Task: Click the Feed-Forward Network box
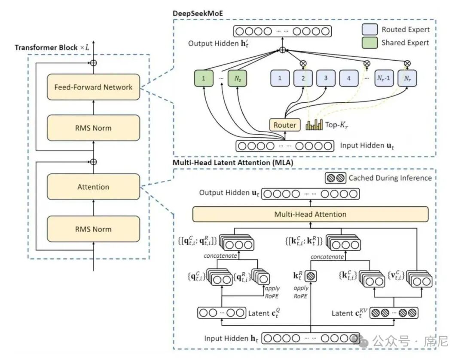click(93, 87)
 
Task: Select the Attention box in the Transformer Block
click(93, 187)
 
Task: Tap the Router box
click(285, 125)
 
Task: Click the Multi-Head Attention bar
click(310, 214)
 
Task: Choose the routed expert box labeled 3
click(326, 79)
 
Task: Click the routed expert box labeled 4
click(348, 79)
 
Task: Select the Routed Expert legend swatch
click(369, 30)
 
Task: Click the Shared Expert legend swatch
click(369, 43)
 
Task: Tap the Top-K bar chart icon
click(314, 125)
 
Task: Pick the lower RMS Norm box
click(93, 229)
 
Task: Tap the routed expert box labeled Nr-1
click(384, 79)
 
